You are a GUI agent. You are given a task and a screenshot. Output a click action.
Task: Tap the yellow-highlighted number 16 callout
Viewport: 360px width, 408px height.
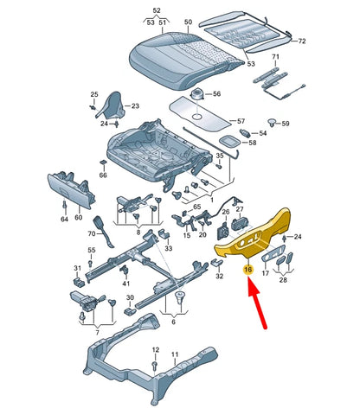(248, 270)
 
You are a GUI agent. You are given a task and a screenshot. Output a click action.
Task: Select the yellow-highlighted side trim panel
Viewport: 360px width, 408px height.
(253, 233)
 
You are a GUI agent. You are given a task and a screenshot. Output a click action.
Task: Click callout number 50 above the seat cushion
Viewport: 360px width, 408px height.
(188, 22)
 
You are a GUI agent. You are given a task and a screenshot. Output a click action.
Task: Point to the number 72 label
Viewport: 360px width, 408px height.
(301, 41)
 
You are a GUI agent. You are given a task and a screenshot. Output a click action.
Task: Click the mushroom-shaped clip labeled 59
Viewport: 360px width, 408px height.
(272, 122)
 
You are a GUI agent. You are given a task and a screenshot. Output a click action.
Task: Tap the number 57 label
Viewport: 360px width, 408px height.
(241, 121)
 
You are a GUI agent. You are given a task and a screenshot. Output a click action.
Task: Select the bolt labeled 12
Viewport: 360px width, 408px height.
(155, 366)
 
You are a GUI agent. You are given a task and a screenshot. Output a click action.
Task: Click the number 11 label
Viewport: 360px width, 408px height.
(175, 354)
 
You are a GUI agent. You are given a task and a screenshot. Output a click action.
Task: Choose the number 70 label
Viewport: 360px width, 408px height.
(92, 233)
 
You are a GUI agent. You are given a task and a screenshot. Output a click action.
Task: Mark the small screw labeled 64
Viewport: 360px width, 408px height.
(64, 206)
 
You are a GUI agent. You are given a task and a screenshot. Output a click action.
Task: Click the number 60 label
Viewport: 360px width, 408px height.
(79, 217)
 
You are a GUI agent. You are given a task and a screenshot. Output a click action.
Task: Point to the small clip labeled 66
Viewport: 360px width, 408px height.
(103, 163)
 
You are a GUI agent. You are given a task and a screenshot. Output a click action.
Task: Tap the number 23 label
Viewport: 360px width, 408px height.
(135, 106)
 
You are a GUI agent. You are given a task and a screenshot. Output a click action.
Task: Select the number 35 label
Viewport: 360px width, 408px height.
(220, 156)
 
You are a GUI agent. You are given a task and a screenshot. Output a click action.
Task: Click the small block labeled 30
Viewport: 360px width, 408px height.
(130, 311)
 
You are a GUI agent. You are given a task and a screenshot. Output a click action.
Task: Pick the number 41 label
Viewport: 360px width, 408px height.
(126, 284)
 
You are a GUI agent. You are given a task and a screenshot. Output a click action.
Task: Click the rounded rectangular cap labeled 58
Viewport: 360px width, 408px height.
(229, 141)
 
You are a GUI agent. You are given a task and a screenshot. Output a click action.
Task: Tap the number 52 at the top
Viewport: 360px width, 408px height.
(157, 10)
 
